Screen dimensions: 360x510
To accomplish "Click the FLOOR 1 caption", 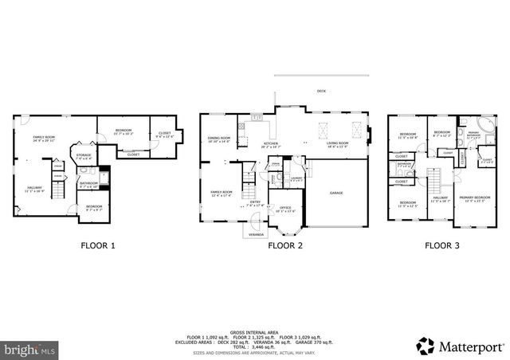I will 98,245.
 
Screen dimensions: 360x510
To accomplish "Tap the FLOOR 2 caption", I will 284,245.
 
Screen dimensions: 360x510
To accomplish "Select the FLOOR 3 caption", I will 442,245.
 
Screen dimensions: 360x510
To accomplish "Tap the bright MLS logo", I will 29,348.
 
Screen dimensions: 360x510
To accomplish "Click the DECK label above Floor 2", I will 322,92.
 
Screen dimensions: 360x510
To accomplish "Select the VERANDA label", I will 257,235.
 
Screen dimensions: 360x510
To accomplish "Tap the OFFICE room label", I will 284,209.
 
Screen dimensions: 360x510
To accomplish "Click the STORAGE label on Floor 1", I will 84,156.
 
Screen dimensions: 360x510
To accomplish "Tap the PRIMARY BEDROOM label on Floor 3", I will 475,198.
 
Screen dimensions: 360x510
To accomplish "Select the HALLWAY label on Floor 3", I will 440,198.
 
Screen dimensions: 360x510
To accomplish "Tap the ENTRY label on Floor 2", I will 255,202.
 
